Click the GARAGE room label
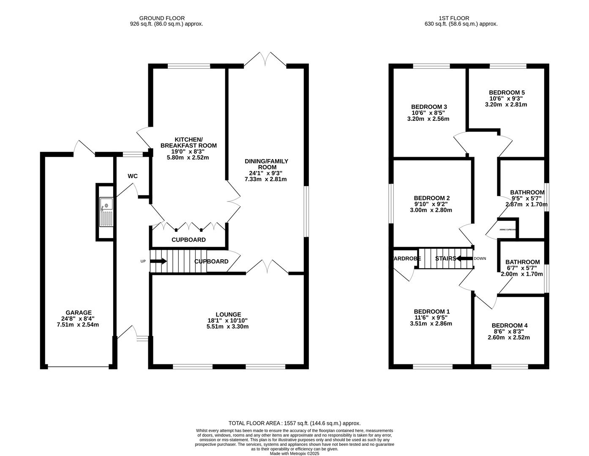tap(78, 313)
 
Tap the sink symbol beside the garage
tap(106, 212)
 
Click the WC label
tap(133, 176)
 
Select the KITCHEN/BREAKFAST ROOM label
tap(188, 143)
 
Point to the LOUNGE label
tap(228, 315)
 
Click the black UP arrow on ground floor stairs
tap(159, 261)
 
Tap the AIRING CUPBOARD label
tap(507, 230)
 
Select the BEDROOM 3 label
tap(429, 107)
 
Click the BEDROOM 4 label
tap(509, 326)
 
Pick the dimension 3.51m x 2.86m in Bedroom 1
tap(431, 324)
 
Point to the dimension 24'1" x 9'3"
tap(266, 173)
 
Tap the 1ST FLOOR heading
tap(454, 18)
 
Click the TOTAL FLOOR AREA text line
tap(294, 423)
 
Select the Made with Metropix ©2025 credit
tap(294, 453)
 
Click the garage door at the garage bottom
tap(78, 367)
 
